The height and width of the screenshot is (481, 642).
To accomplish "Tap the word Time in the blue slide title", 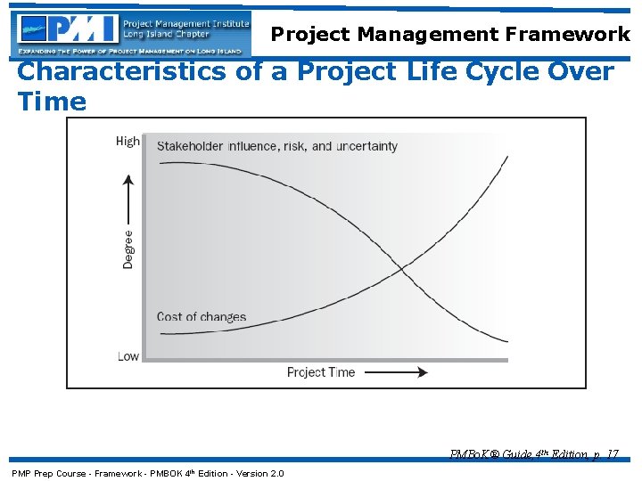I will click(x=52, y=102).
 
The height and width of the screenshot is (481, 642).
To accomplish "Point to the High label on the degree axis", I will click(x=128, y=142).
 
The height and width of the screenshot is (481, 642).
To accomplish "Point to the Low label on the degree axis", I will click(x=128, y=356).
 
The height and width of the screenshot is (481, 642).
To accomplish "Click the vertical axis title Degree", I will click(x=128, y=249).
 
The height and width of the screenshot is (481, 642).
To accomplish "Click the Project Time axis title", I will click(x=321, y=372).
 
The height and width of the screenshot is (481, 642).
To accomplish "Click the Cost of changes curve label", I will click(x=202, y=316).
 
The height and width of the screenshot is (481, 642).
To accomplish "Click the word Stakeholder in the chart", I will click(x=191, y=146).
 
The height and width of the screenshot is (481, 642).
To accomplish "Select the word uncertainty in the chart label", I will click(x=366, y=146).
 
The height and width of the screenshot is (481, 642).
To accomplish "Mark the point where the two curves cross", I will click(x=401, y=267).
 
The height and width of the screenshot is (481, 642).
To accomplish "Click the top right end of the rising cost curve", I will click(x=507, y=157).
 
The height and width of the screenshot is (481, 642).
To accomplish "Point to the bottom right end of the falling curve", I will click(x=506, y=341).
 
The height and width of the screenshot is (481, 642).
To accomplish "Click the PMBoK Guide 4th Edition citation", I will click(x=534, y=454).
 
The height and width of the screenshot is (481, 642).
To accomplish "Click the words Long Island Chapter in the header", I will click(x=166, y=35).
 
